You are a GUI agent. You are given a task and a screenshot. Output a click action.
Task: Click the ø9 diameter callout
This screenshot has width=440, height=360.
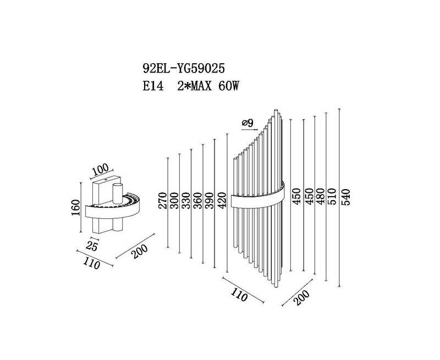247,123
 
